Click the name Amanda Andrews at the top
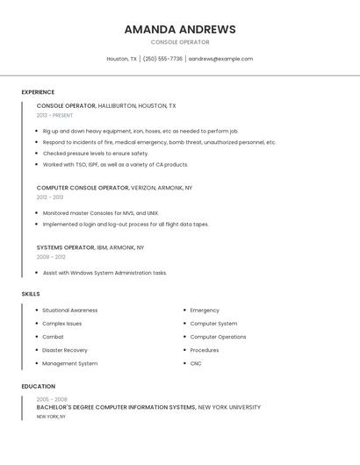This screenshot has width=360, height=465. coord(180,29)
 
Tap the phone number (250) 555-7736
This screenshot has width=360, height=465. coord(162,59)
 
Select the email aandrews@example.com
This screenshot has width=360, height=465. coord(220,59)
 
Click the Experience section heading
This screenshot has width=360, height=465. coord(38,92)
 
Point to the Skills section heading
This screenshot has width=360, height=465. coord(31,294)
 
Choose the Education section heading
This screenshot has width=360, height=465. coord(39,386)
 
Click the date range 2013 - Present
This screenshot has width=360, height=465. coord(54,115)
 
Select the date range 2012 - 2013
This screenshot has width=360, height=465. coord(50,197)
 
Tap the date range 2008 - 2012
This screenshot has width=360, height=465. coord(51,257)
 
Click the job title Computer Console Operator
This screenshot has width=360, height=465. coord(83,188)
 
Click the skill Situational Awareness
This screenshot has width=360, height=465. coord(70,310)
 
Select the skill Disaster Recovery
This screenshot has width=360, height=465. coord(65,350)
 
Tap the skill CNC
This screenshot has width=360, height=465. coord(196,363)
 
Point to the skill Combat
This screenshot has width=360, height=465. coord(54,337)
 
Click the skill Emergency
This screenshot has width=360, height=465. coord(205,310)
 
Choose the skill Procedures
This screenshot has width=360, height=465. coord(205,350)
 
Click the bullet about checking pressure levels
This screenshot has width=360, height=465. coord(96,154)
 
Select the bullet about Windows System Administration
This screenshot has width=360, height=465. coord(104,273)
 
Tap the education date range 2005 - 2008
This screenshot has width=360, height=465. coord(52,399)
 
